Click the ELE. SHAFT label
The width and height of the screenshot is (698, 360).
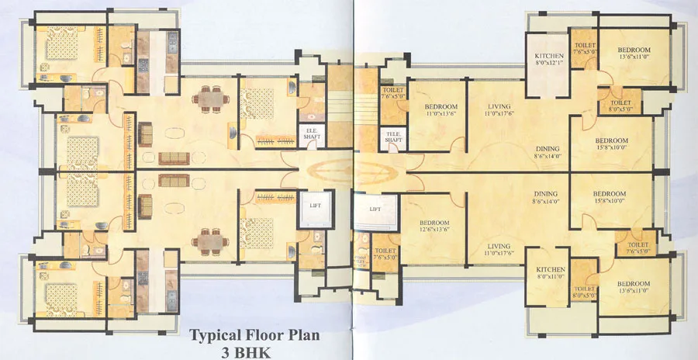(x=310, y=133)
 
